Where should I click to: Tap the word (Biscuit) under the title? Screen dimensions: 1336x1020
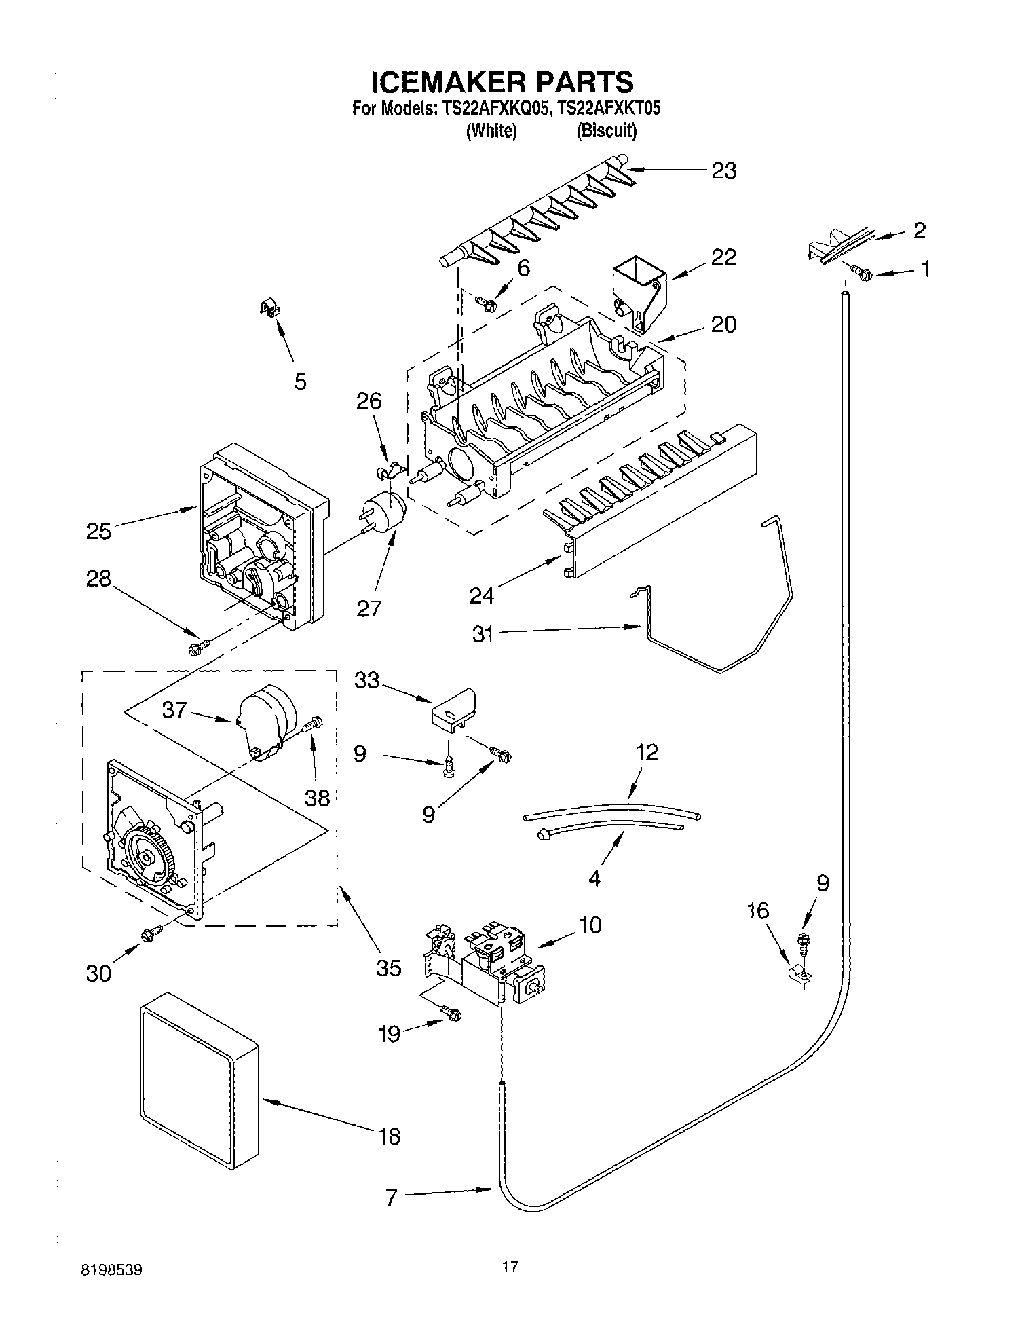coord(606,131)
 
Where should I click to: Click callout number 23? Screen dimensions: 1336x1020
coord(723,170)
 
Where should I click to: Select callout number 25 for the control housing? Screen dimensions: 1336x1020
coord(98,531)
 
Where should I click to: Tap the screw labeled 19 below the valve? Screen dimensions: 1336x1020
coord(450,1014)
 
